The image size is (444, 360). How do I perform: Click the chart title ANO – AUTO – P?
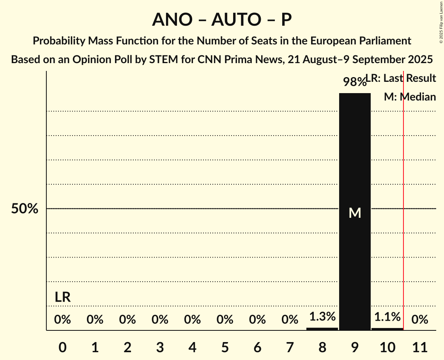[222, 19]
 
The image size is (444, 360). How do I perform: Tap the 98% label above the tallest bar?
[354, 82]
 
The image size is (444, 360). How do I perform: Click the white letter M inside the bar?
[355, 213]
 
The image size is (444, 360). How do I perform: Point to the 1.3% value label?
[322, 317]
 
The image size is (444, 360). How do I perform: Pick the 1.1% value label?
[387, 317]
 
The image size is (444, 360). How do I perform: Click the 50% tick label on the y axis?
[25, 209]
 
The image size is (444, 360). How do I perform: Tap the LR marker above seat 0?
[62, 297]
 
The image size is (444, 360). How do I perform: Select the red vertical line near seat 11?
[403, 195]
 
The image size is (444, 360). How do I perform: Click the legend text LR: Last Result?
[401, 78]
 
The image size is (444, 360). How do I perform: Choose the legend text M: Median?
[410, 97]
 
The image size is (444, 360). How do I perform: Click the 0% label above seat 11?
[420, 320]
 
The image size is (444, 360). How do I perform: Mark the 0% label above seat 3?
[160, 320]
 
